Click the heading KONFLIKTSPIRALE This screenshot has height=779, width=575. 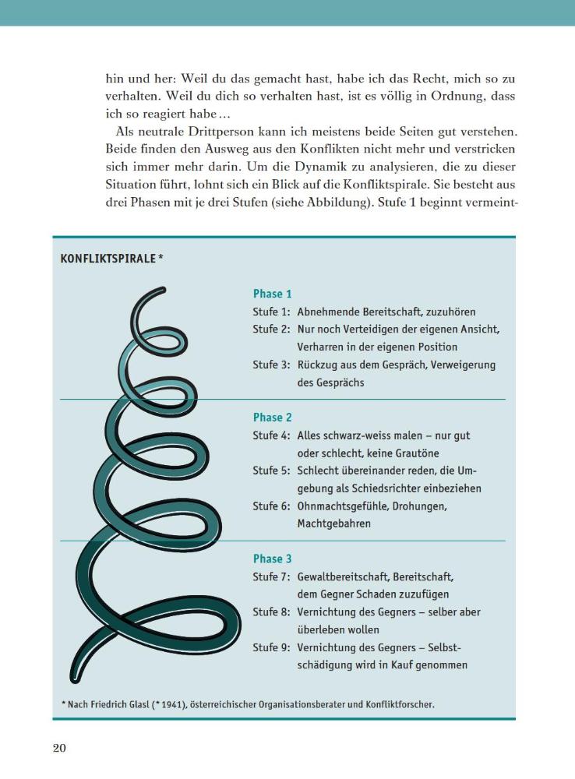click(x=108, y=259)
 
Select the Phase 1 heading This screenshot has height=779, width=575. click(x=272, y=294)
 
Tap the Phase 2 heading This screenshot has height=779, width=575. click(x=272, y=418)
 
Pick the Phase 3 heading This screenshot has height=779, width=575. click(x=272, y=559)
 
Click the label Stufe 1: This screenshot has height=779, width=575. click(x=271, y=312)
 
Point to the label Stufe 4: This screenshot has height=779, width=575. click(x=271, y=435)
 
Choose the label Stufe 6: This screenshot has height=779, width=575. click(x=271, y=506)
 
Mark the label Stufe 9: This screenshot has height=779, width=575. click(x=271, y=647)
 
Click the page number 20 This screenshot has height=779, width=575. click(x=59, y=749)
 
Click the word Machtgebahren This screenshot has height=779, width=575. click(x=333, y=524)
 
